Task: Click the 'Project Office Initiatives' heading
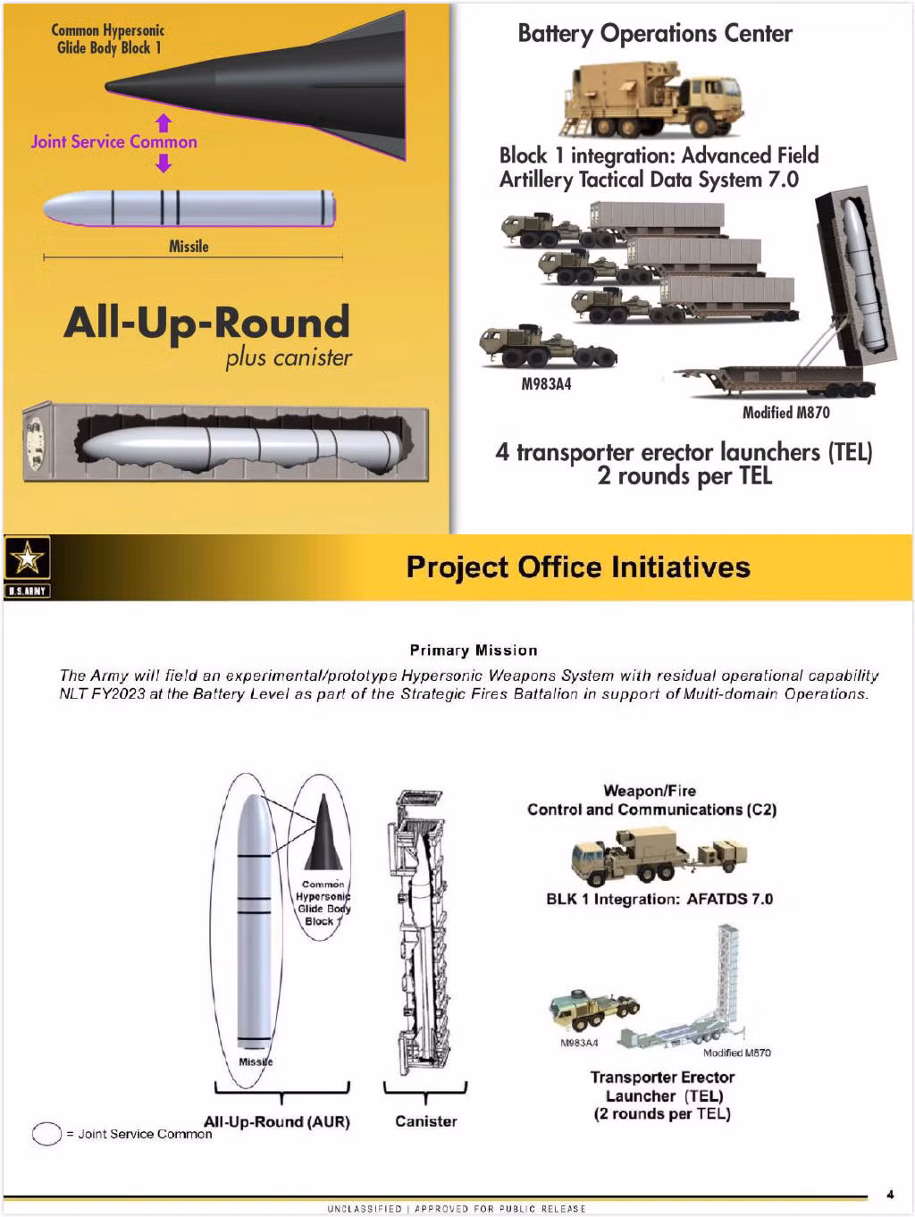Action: (578, 567)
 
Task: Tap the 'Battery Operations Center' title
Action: (654, 34)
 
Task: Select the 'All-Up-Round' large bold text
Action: (206, 323)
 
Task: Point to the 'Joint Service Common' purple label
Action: (113, 142)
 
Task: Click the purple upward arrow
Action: (163, 122)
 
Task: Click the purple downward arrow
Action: (163, 163)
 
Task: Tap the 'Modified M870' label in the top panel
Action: (785, 413)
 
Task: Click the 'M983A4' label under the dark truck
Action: (546, 385)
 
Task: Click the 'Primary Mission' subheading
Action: (474, 650)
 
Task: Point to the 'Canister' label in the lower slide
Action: (426, 1121)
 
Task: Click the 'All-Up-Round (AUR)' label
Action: (277, 1122)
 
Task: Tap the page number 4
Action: (890, 1194)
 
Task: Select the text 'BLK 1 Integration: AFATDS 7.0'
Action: (659, 899)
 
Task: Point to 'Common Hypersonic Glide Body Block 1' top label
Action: (108, 39)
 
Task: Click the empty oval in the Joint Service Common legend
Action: (46, 1134)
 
